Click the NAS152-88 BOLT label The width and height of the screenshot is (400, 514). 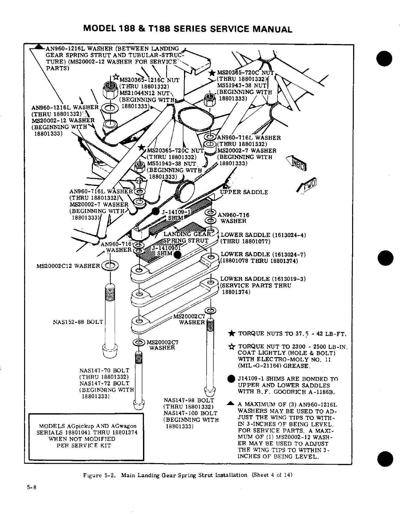point(78,322)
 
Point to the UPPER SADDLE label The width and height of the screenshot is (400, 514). point(244,192)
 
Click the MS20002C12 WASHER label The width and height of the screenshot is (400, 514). point(68,266)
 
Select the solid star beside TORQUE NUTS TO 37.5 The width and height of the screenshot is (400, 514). point(231,334)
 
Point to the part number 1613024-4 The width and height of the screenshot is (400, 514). point(288,235)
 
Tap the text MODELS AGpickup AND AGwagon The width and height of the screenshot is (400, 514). point(88,426)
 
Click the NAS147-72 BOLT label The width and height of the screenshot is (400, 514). point(104,383)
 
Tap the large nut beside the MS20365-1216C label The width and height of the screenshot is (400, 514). point(110,89)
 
